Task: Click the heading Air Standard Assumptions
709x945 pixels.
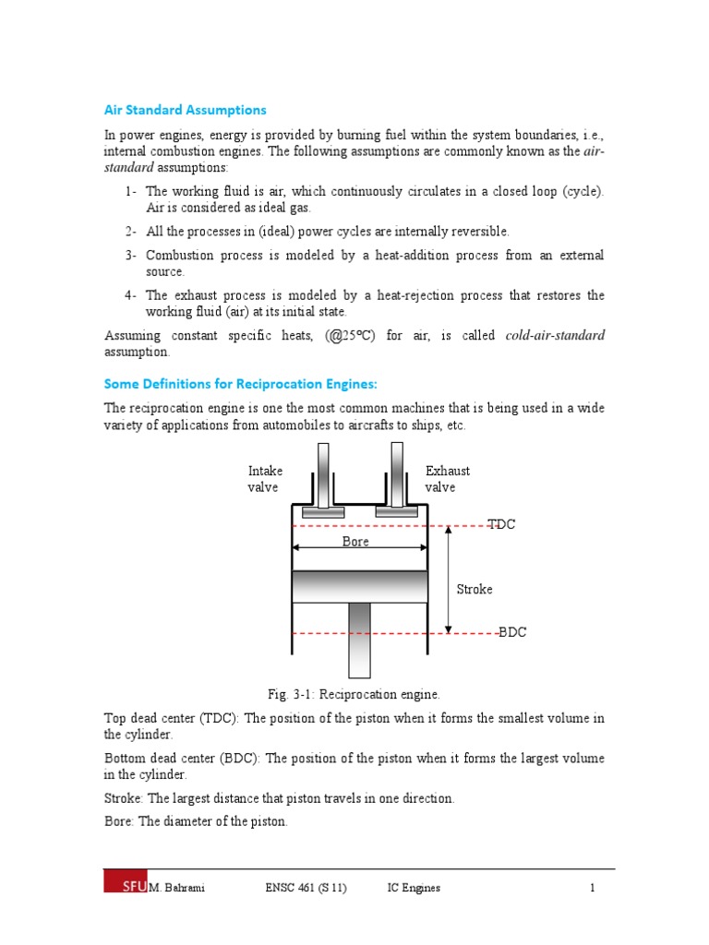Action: click(x=185, y=110)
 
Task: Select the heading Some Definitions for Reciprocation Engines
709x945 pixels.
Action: click(x=241, y=383)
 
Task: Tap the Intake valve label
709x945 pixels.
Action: click(x=265, y=479)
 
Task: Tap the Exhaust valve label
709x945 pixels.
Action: click(x=447, y=479)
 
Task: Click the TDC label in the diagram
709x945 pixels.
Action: click(x=502, y=524)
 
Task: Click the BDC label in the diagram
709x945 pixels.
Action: click(x=512, y=633)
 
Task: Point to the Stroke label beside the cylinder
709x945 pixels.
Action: click(x=475, y=589)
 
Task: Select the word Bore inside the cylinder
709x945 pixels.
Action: click(x=355, y=542)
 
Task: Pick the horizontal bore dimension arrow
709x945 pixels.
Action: click(x=360, y=551)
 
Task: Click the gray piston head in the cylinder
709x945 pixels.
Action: click(x=360, y=586)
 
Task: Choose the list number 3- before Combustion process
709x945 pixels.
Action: click(x=131, y=255)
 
